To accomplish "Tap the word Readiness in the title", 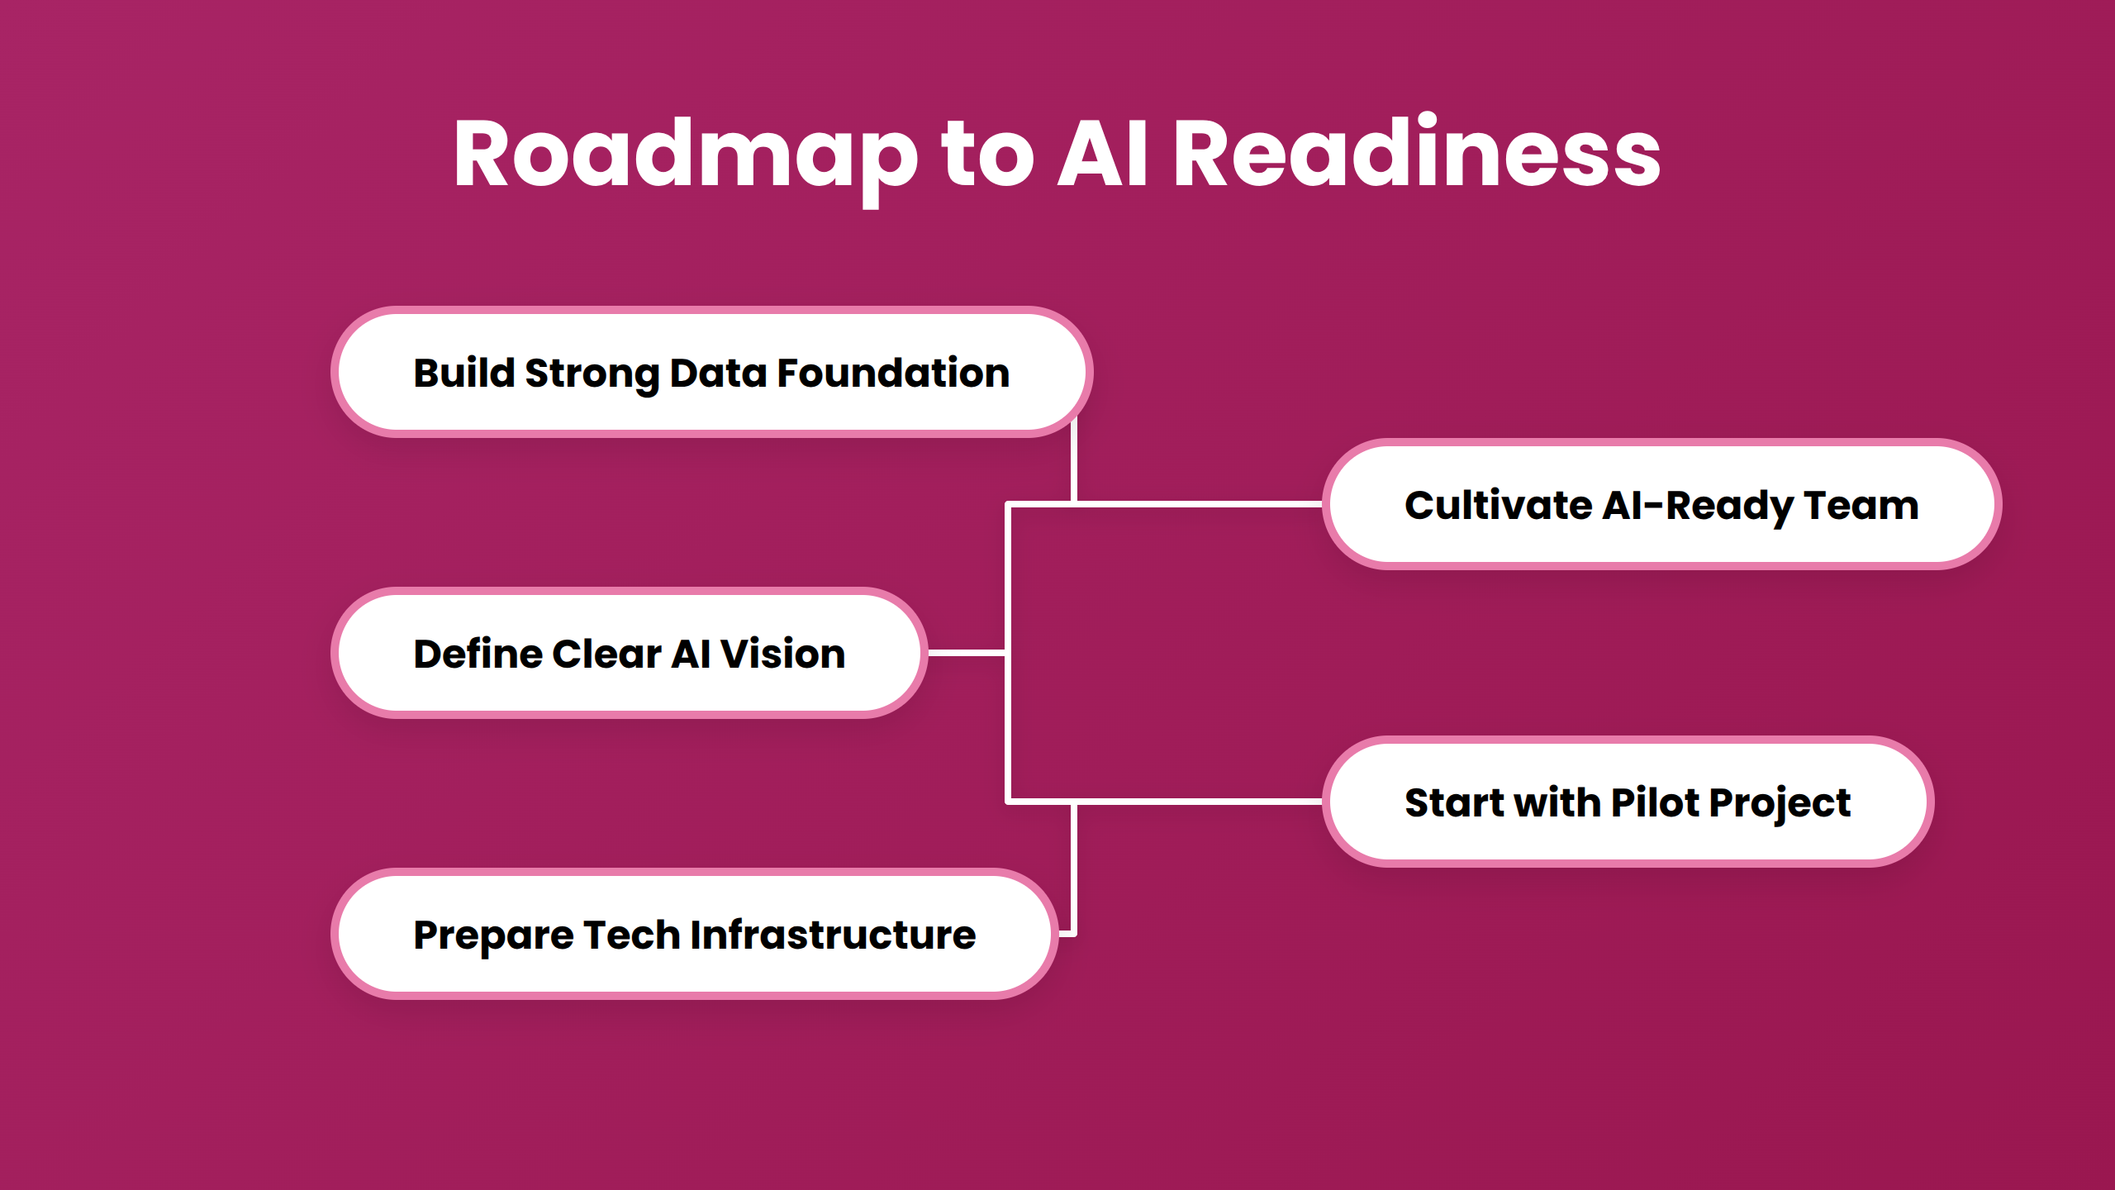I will click(1416, 154).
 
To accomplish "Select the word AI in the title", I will click(1103, 154).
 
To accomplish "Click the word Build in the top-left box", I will click(464, 373).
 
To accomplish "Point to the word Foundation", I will click(893, 373).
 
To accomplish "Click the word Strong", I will click(592, 374).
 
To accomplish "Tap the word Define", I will click(478, 654).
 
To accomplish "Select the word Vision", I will click(783, 654).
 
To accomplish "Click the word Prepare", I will click(493, 936).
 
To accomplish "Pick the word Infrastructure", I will click(833, 935).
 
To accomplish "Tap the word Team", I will click(1861, 505).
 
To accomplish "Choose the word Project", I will click(1780, 804).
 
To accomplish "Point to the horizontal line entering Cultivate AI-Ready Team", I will click(1198, 503).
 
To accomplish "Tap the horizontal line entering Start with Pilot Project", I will click(1198, 801).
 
